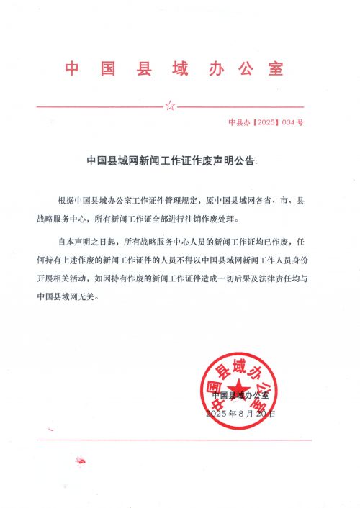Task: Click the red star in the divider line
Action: [170, 106]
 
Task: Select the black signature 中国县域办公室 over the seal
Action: [240, 396]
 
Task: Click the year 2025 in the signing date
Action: [216, 414]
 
